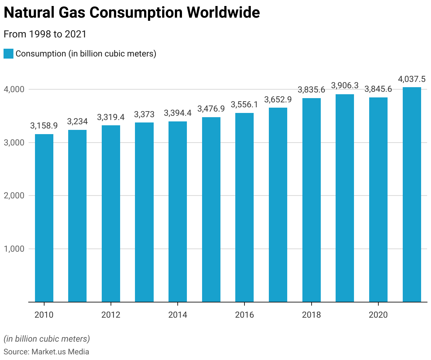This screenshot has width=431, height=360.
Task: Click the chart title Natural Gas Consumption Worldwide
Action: [132, 13]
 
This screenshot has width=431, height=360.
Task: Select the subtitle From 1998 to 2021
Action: [45, 34]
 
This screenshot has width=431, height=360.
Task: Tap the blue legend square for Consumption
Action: [8, 54]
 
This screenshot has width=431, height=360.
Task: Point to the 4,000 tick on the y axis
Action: [14, 89]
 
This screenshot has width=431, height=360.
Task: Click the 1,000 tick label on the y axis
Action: [14, 249]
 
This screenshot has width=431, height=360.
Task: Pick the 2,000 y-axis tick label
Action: [14, 196]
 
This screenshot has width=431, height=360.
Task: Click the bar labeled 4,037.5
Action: [412, 194]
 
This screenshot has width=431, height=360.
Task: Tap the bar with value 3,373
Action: [144, 212]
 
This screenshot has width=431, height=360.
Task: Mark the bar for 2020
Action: [378, 200]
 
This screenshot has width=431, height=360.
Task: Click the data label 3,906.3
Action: [345, 85]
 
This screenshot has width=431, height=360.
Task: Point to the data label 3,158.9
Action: [44, 126]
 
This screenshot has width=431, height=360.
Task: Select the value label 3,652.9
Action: [278, 100]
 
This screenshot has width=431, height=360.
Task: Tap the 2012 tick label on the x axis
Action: [111, 315]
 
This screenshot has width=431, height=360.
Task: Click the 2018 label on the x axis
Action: [311, 315]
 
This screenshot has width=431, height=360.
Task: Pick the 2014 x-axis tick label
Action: [178, 315]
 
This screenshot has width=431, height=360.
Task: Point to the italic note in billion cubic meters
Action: [47, 339]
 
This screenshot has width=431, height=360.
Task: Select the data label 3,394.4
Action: [178, 113]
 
